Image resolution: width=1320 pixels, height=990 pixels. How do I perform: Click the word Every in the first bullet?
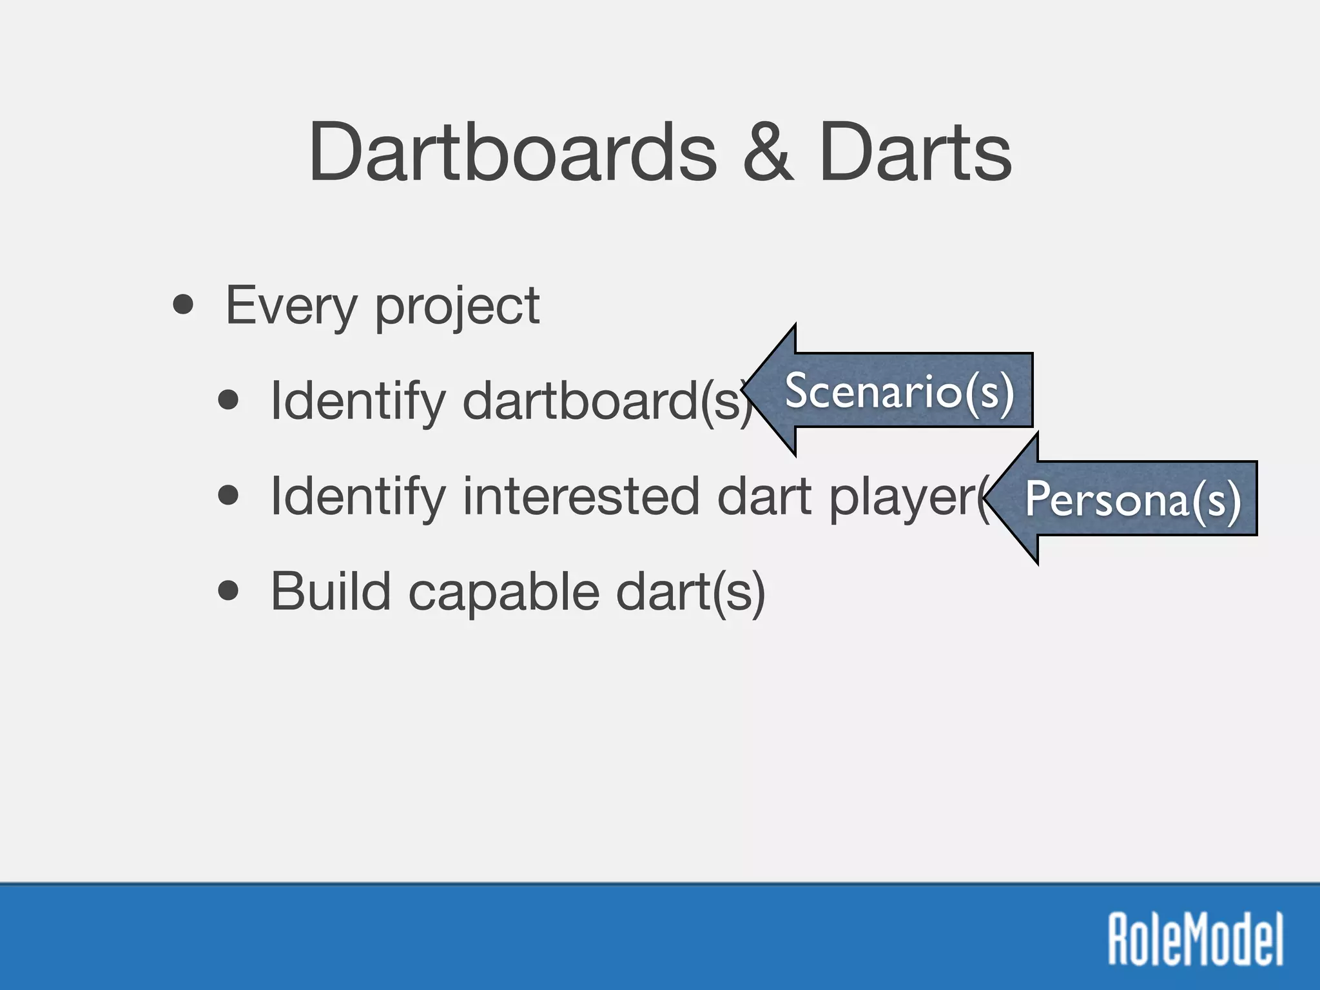pos(291,306)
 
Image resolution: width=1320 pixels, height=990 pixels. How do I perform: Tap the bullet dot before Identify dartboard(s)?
pos(228,400)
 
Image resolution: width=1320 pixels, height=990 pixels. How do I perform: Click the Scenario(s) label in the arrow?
pos(900,391)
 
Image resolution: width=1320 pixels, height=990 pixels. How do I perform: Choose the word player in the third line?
pos(902,498)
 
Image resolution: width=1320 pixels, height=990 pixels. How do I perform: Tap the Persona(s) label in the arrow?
pos(1132,500)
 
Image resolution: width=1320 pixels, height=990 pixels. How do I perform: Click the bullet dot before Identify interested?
pos(228,496)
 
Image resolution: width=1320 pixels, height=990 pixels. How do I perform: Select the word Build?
pos(331,591)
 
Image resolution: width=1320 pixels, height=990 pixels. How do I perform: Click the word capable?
pos(503,592)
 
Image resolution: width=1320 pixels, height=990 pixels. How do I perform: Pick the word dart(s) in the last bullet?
pos(690,591)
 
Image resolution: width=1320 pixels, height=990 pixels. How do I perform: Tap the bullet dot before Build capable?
pos(228,590)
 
